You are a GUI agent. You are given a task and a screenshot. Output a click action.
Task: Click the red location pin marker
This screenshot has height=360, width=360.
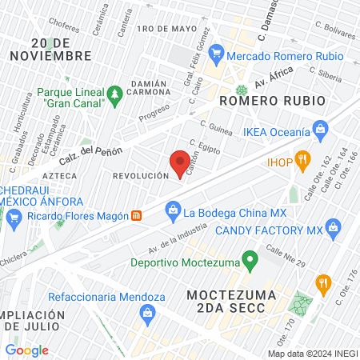180,163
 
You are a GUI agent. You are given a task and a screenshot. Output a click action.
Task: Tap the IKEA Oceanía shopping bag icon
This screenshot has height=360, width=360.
321,128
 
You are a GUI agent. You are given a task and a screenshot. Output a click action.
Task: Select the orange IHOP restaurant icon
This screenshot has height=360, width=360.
302,158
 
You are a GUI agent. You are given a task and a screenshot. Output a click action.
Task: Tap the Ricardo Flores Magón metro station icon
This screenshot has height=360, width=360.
137,215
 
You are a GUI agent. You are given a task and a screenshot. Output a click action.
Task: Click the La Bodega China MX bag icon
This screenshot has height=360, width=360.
172,210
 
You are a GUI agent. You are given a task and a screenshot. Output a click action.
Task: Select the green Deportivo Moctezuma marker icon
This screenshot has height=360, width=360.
250,260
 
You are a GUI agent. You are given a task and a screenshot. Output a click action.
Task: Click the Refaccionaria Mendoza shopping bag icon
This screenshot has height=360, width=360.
147,312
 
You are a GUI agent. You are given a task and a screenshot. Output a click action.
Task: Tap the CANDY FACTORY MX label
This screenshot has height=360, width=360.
279,230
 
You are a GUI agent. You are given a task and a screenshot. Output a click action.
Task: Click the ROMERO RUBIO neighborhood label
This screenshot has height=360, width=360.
272,102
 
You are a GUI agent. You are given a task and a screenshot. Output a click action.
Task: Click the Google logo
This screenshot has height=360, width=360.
26,350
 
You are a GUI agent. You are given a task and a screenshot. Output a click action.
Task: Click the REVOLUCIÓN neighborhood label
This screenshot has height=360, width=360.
141,175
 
